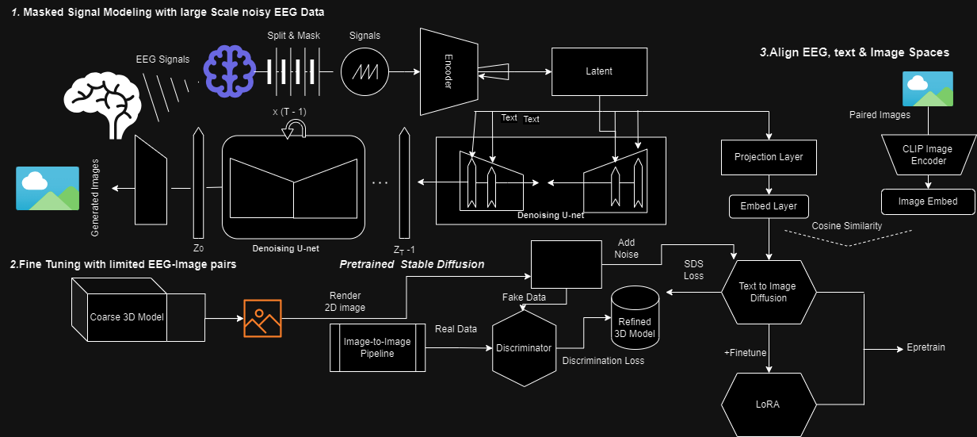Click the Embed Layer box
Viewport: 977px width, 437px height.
coord(769,207)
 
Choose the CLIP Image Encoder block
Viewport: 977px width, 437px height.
coord(926,155)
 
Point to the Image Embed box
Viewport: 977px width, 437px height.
coord(927,201)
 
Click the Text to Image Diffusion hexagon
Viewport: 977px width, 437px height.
coord(768,293)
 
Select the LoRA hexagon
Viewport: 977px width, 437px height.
coord(768,404)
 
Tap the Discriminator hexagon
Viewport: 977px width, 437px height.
coord(523,348)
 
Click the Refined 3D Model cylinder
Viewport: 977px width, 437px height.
coord(635,321)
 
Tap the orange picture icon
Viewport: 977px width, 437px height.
coord(262,318)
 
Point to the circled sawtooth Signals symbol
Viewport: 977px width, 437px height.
coord(365,72)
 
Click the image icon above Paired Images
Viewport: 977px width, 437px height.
coord(927,89)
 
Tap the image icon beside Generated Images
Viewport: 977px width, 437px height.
coord(48,188)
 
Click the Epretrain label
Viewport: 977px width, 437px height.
coord(925,348)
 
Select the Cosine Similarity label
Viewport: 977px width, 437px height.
coord(846,226)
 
